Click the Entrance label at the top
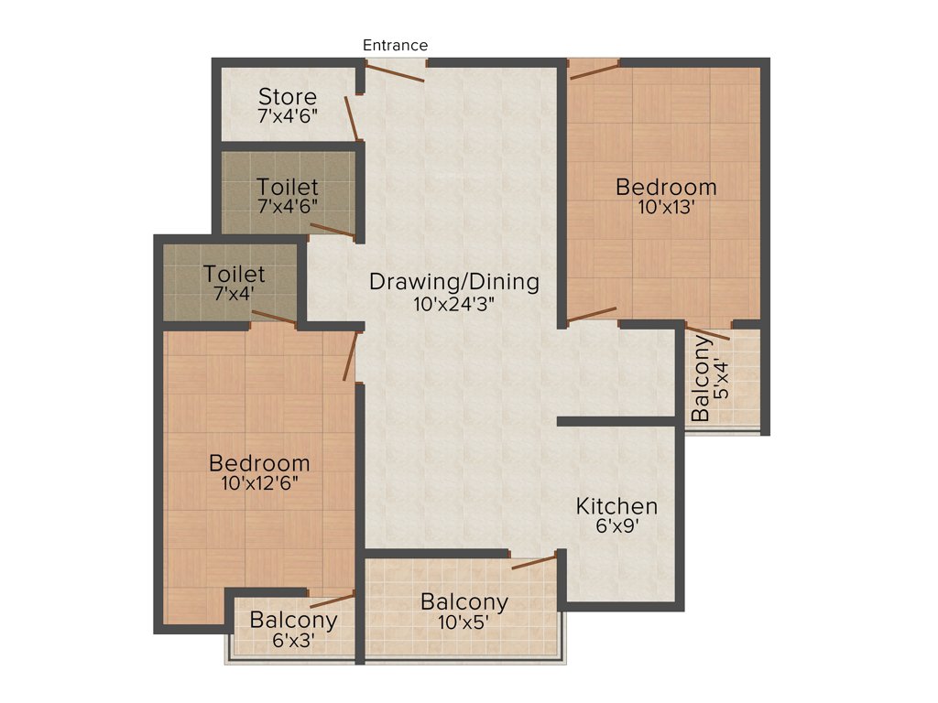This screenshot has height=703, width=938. coord(395,45)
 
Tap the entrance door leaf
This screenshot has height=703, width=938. coord(396,72)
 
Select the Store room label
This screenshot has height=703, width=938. coord(287,96)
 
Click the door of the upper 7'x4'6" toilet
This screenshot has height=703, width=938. coord(333,230)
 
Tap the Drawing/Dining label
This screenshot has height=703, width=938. coord(454,281)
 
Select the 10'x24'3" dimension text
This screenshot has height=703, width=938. coord(454,303)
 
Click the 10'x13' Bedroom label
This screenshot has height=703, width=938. coord(666,188)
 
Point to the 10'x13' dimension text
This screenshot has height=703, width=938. coord(666,208)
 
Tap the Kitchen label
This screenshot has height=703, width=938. coord(616,506)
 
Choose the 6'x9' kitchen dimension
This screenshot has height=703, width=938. coord(616,527)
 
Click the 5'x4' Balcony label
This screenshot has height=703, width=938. coord(701,379)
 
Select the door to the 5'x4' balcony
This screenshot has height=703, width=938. coord(707,333)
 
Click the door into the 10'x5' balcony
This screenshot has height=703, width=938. coord(534,561)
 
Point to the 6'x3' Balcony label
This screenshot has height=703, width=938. coord(293,620)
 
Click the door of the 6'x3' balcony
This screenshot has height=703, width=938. coord(332,600)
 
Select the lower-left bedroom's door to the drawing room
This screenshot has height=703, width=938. coord(349,357)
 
